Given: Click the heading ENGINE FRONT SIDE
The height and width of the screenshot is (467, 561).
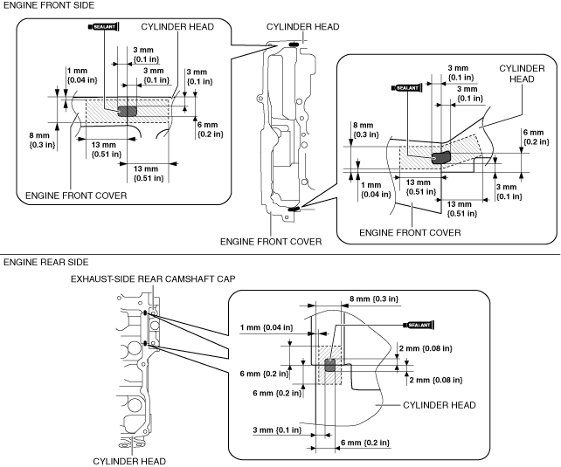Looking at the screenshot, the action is click(x=49, y=5).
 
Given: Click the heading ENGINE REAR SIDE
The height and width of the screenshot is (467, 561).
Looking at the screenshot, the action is click(x=45, y=262).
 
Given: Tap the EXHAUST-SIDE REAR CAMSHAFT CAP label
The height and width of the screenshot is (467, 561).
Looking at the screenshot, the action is click(x=153, y=278).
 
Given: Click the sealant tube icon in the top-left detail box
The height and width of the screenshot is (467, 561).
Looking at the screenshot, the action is click(x=103, y=27).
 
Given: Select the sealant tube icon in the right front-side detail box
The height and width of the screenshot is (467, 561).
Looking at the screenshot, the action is click(x=407, y=87).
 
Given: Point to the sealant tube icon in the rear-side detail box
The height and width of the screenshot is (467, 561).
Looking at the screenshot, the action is click(x=419, y=325).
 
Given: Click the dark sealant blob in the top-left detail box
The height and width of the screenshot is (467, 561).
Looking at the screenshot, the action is click(x=128, y=111).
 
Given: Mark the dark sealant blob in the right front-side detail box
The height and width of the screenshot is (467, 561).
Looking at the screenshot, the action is click(x=441, y=157).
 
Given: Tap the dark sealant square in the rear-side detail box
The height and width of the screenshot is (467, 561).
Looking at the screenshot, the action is click(x=330, y=365).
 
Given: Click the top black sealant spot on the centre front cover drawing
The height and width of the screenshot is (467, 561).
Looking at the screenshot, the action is click(x=294, y=45).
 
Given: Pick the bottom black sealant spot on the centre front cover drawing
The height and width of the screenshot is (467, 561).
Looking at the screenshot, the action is click(x=294, y=209).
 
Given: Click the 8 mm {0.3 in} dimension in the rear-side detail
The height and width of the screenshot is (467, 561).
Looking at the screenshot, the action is click(x=373, y=299).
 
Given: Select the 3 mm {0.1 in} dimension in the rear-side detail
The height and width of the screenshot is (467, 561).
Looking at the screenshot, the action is click(x=277, y=429).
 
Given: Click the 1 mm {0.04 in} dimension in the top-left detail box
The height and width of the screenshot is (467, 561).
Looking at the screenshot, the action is click(x=82, y=75).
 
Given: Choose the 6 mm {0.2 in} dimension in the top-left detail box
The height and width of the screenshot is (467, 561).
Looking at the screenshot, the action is click(x=210, y=129).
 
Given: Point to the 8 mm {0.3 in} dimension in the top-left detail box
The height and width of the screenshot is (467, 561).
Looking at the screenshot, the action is click(x=42, y=140).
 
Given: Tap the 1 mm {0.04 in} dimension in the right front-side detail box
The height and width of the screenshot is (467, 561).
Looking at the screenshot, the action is click(x=376, y=189).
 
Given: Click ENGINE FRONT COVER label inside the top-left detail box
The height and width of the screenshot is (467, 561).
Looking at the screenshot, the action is click(x=76, y=196).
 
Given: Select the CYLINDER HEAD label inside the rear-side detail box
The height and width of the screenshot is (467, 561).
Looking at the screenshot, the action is click(x=440, y=405).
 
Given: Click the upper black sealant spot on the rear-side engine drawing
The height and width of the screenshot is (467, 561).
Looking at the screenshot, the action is click(x=145, y=313).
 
